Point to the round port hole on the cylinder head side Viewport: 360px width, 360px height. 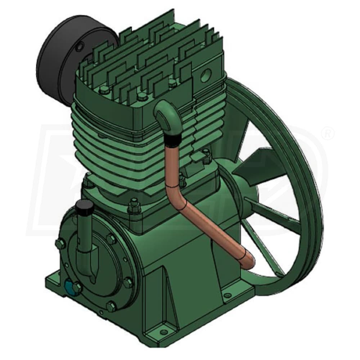point(206,76)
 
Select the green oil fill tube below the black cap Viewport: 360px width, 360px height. point(85,234)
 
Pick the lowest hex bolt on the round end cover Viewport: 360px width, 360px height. point(111,306)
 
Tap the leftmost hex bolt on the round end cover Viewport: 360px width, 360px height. point(60,244)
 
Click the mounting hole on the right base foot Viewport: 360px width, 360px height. point(227,296)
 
